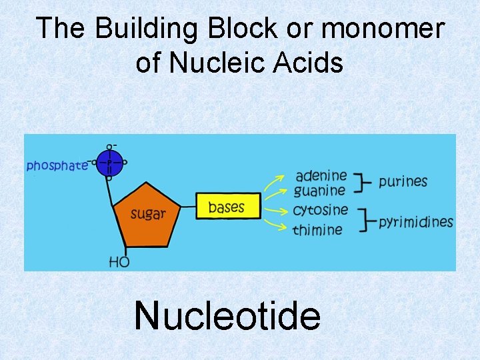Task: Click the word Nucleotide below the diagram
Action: pos(227,315)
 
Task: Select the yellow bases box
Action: pos(226,207)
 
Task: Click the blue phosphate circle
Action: pos(109,162)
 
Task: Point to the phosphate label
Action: pos(57,165)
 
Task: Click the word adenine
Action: pos(321,176)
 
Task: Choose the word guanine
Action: pos(320,191)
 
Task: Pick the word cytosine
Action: pos(321,210)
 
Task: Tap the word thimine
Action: pos(318,229)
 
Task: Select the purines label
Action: pos(403,181)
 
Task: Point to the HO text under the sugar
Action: pos(119,262)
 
